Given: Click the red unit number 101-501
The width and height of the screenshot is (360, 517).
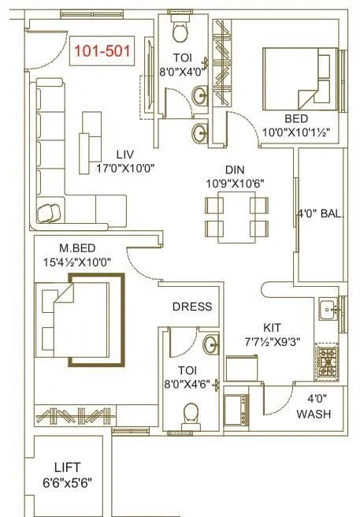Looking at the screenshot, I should pos(102,52).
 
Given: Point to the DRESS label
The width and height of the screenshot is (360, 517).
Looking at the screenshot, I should pos(191,307).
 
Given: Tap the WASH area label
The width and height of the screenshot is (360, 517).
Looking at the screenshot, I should pos(314,414).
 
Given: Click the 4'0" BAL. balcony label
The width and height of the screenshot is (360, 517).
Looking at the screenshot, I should pos(321,213).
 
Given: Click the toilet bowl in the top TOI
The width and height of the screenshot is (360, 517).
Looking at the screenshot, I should pos(180,32).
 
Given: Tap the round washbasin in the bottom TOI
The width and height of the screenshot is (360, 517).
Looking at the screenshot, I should pos(210,344).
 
